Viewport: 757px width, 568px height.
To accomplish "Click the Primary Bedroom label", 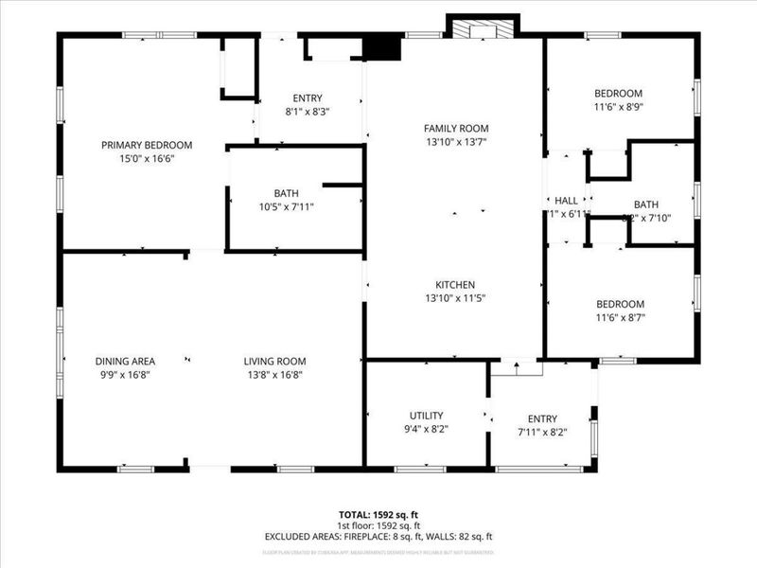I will point(147,145).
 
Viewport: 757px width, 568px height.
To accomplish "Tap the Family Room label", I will point(456,128).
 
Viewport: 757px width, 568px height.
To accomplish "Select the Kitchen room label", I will point(455,285).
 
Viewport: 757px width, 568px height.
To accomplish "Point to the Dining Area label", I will point(125,361).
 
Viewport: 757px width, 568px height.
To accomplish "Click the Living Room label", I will point(274,361).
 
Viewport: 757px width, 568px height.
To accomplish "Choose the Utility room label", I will point(427,416).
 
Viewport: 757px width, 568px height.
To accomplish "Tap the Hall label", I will point(566,201).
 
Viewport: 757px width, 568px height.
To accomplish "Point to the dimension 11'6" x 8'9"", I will point(618,108).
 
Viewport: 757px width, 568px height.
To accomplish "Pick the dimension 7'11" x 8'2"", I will point(542,433).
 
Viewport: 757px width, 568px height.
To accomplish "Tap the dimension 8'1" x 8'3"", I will point(308,112).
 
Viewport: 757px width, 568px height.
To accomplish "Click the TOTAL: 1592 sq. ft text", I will point(378,515).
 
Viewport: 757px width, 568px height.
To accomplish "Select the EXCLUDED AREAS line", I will point(378,537).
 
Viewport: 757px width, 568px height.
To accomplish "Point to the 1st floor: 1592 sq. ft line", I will point(378,525).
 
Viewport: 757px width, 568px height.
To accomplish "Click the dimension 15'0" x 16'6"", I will point(147,159).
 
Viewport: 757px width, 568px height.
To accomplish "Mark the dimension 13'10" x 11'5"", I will point(455,299).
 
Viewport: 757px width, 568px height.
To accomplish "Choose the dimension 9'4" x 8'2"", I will point(427,429).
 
